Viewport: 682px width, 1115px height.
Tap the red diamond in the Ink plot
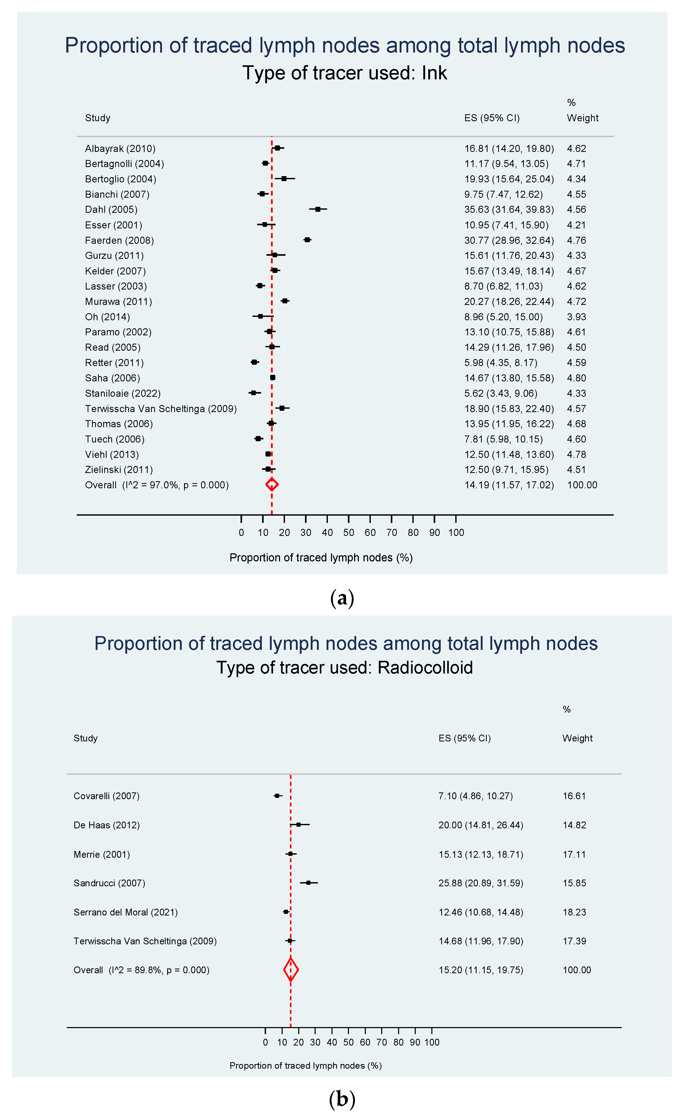[x=271, y=485]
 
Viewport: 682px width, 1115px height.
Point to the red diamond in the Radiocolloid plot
[x=291, y=970]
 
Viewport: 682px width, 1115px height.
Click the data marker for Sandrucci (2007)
[x=308, y=882]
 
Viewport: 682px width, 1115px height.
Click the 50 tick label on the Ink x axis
[x=349, y=533]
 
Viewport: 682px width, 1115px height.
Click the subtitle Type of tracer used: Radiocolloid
[x=344, y=668]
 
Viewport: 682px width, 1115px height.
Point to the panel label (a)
[x=342, y=598]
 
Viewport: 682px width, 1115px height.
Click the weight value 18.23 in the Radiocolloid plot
[x=574, y=912]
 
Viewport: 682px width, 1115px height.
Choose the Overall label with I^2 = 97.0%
[x=157, y=485]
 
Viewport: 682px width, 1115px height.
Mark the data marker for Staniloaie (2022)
[x=253, y=393]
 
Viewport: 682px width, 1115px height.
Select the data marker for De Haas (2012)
[x=298, y=824]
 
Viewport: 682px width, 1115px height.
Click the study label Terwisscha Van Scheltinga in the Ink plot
[x=160, y=409]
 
